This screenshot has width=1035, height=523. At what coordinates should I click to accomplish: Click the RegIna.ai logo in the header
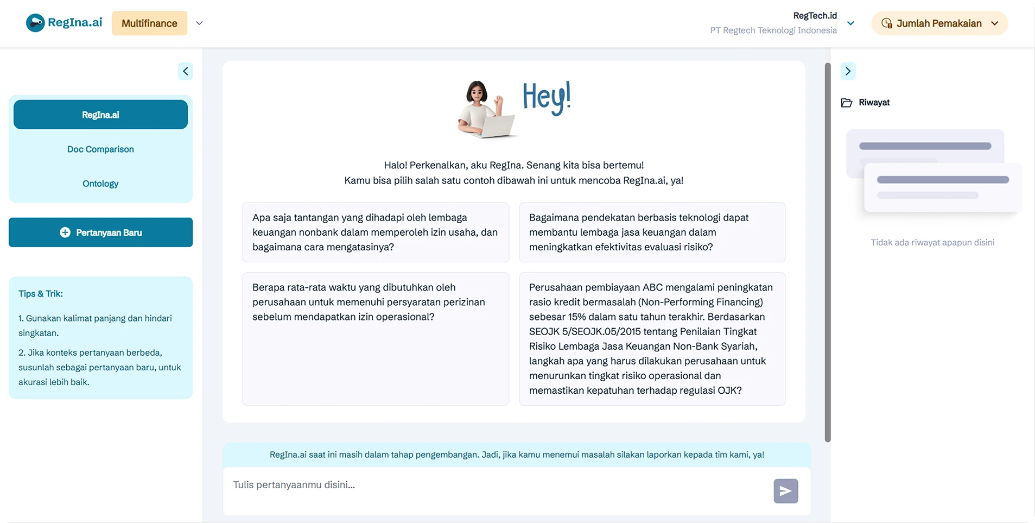pos(64,23)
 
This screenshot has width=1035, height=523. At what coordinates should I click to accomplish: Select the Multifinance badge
pos(149,23)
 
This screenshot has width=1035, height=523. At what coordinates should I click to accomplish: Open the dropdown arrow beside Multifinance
pos(199,23)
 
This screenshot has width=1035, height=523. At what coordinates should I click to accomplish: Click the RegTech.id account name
pos(815,16)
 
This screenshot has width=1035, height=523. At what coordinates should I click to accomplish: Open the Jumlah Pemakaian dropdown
pos(939,23)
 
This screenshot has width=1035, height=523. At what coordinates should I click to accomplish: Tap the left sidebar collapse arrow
pos(186,71)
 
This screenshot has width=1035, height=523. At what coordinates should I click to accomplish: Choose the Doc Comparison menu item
pos(100,149)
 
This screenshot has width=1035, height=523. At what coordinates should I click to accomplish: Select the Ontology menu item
pos(100,184)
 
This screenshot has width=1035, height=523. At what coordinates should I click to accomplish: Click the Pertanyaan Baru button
pos(100,232)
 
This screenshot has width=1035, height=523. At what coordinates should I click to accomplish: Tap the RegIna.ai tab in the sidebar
pos(100,115)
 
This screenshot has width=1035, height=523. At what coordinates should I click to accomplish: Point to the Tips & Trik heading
pos(41,294)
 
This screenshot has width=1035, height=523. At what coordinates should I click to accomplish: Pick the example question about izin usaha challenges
pos(376,232)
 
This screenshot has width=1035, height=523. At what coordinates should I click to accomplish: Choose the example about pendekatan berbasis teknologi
pos(652,232)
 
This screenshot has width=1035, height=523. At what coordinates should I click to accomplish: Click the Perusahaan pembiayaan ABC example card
pos(652,338)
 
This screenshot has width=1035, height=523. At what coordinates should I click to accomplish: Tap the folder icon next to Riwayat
pos(847,103)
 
